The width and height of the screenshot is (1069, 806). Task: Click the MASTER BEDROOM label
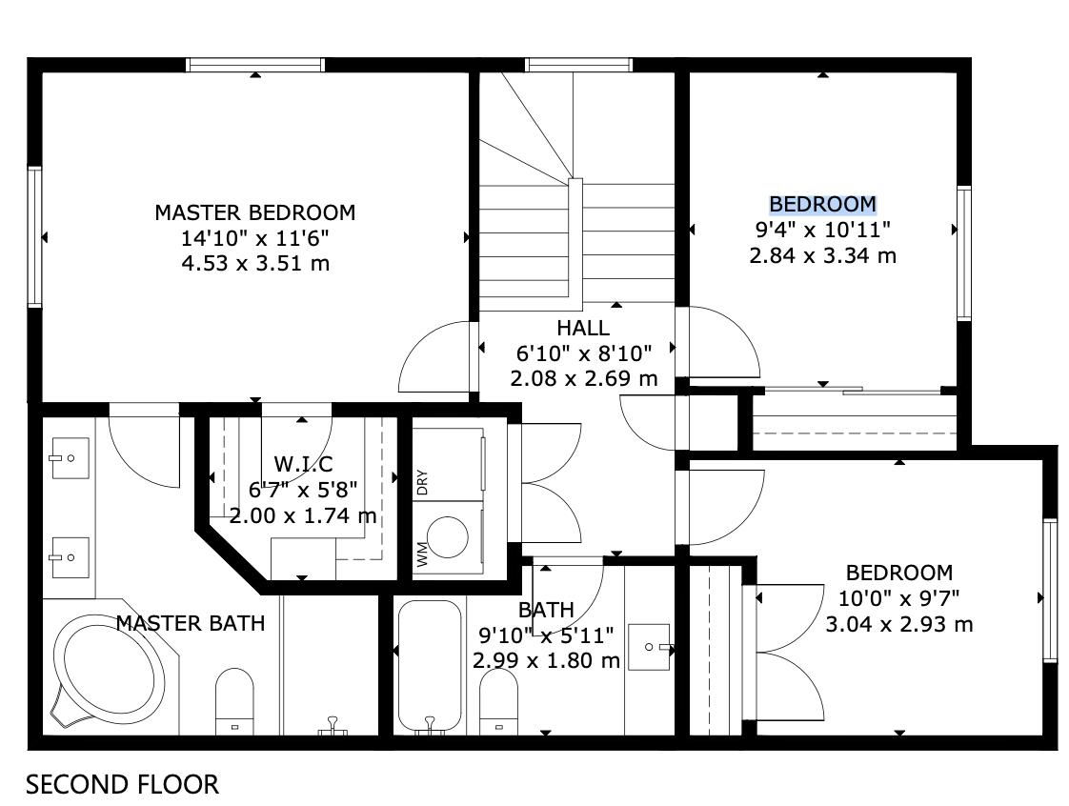pos(255,212)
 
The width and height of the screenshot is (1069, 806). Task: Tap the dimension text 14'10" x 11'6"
pos(255,238)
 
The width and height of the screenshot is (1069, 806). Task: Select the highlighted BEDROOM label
pos(823,204)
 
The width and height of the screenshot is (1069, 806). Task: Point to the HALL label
pos(583,328)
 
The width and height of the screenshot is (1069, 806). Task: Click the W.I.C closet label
pos(303,464)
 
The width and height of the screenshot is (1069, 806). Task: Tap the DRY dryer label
pos(422,482)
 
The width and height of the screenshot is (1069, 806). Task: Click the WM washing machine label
pos(422,554)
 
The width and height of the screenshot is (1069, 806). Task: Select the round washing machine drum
pos(447,537)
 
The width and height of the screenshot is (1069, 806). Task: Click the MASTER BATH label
pos(191,623)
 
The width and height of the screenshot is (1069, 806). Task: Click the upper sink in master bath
pos(71,458)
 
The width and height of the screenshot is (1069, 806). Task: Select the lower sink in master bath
pos(71,557)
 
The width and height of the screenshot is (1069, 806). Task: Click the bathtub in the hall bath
pos(430,666)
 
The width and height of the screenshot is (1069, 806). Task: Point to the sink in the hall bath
pos(649,647)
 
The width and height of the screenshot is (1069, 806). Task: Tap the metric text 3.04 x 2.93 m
pos(899,624)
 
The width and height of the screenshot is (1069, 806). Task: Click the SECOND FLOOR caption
pos(123,784)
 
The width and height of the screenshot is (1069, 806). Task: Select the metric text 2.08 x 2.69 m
pos(584,378)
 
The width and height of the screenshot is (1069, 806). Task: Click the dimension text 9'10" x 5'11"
pos(546,635)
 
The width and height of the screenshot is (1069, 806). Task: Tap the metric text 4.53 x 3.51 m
pos(255,263)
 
